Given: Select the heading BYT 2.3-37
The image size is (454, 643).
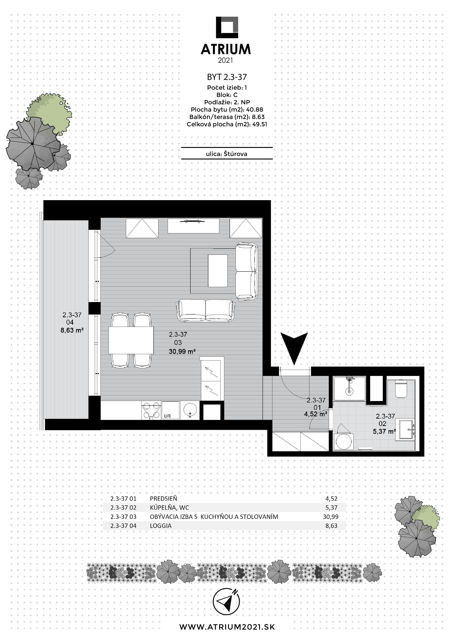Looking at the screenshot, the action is (227, 77).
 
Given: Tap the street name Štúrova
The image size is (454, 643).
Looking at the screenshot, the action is (236, 154).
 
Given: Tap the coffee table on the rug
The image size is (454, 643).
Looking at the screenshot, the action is (218, 271).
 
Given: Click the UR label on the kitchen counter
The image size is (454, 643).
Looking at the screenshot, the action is (167, 416).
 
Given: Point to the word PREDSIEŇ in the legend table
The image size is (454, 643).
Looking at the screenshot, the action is (164, 499).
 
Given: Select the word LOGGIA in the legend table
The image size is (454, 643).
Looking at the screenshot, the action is (161, 526).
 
